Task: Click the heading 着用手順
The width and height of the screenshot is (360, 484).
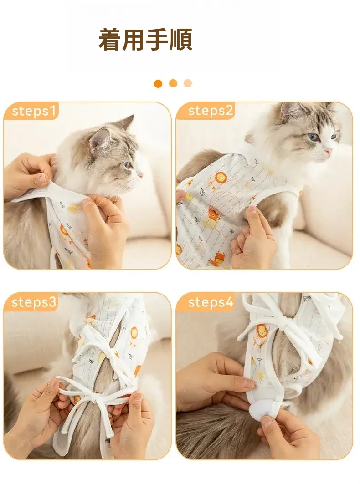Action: [x=145, y=40]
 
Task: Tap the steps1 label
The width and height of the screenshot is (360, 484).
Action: [x=34, y=111]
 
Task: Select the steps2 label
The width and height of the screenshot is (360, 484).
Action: [x=210, y=111]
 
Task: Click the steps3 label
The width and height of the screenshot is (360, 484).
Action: [x=34, y=302]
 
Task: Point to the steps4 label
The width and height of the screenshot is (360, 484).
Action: [x=211, y=302]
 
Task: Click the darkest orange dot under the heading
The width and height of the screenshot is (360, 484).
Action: [x=158, y=83]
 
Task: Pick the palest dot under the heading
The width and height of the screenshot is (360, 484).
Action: [x=188, y=83]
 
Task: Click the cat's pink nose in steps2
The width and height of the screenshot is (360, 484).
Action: [x=328, y=151]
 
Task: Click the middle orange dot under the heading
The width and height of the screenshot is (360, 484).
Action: [x=173, y=83]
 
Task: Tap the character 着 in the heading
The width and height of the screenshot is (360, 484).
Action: [x=110, y=40]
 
